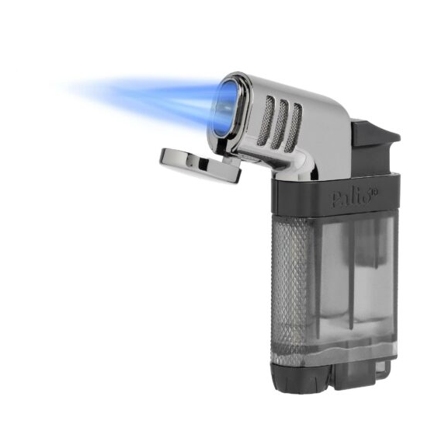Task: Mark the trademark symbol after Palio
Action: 374,189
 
